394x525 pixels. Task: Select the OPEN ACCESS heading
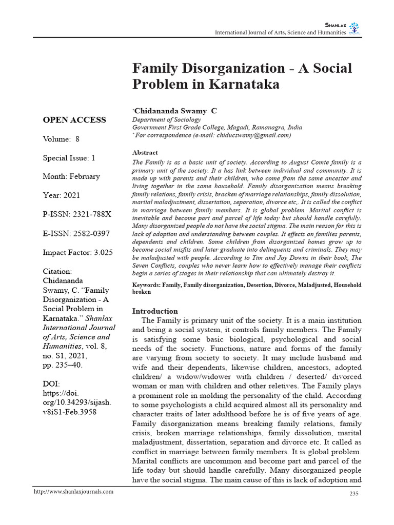point(74,120)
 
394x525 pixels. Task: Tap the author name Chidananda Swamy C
point(175,110)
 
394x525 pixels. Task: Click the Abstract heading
point(145,153)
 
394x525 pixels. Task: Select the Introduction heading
point(155,311)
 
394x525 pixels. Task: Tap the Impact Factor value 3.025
point(103,252)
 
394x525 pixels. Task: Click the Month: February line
point(71,176)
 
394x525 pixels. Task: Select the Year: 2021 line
point(61,195)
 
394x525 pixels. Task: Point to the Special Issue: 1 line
point(69,158)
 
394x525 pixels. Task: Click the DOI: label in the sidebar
point(52,383)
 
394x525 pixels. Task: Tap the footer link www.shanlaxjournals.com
point(73,492)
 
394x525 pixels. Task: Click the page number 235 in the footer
point(353,493)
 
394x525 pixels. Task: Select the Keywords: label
point(146,285)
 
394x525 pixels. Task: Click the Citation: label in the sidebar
point(57,271)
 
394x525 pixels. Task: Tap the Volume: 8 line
point(61,139)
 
